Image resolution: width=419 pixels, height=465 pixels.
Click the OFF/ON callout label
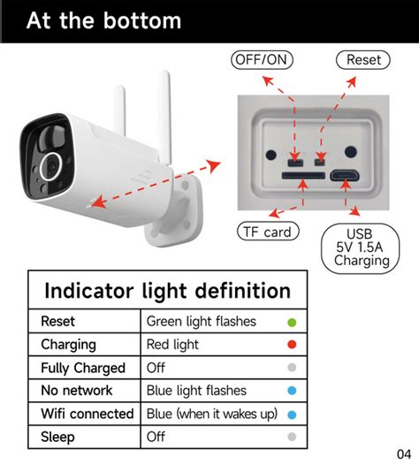tap(262, 60)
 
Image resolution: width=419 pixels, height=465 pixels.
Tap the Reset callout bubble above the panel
tap(363, 60)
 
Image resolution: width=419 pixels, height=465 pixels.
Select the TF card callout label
tap(268, 232)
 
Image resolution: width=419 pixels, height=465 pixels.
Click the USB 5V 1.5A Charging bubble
tap(361, 248)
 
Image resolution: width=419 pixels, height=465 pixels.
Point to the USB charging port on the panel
tap(345, 176)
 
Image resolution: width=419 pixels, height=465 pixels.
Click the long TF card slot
tap(303, 176)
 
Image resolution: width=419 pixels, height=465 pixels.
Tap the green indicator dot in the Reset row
tap(292, 323)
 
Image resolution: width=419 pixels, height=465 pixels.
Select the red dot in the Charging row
tap(292, 344)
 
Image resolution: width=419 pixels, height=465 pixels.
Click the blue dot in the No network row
tap(292, 390)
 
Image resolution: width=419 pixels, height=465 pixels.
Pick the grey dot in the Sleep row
tap(292, 437)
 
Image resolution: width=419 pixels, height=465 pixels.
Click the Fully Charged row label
tap(83, 368)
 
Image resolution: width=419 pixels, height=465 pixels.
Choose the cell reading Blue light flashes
tap(196, 390)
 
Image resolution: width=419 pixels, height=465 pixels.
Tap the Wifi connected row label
tap(88, 414)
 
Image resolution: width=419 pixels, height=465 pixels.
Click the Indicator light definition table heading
tap(168, 291)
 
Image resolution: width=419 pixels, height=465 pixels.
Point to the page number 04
tap(404, 454)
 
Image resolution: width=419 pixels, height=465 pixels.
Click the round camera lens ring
tap(41, 166)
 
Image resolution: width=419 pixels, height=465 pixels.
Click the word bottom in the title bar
tap(142, 20)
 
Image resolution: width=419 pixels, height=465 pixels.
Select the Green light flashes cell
tap(202, 322)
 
